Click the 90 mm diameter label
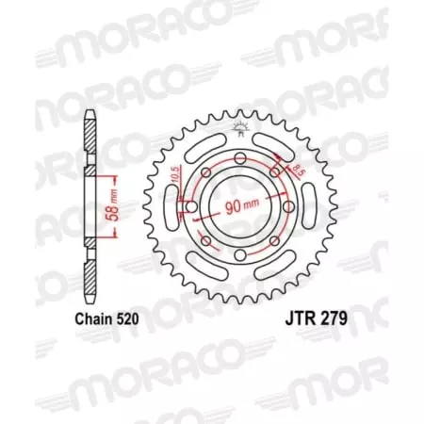(x=241, y=204)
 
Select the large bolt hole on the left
(x=191, y=206)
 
